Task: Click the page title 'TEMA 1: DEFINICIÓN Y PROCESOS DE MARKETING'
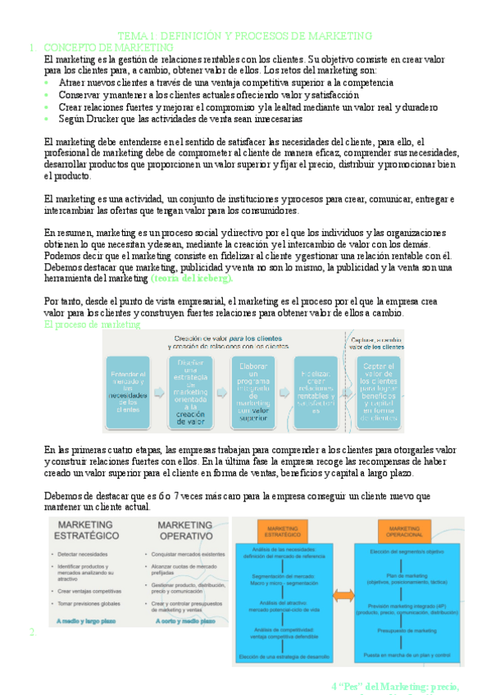(245, 36)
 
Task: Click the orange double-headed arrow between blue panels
(344, 595)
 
